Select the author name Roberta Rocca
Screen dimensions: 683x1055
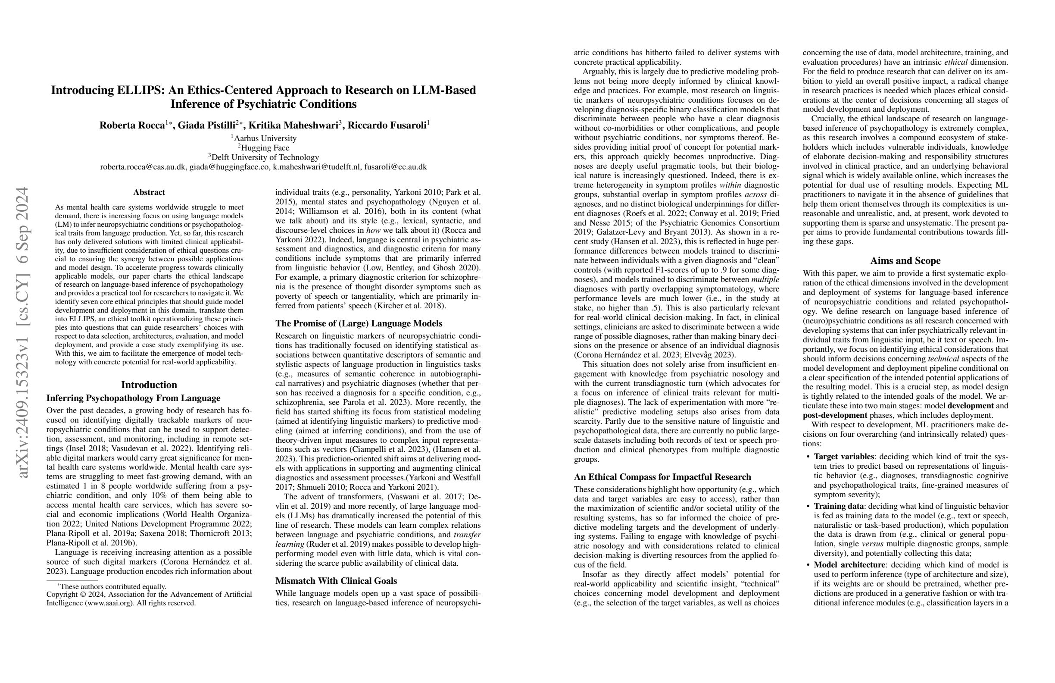tap(132, 125)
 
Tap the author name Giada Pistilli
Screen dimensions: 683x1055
tap(206, 125)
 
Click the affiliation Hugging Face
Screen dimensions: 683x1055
tap(265, 148)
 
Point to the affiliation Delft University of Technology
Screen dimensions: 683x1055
tap(265, 157)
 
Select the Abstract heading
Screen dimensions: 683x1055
tap(149, 192)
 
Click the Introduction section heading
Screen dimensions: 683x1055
tap(149, 385)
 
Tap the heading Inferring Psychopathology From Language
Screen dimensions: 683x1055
tap(134, 398)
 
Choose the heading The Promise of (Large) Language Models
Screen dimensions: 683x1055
tap(359, 324)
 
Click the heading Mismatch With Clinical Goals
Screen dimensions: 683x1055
tap(336, 581)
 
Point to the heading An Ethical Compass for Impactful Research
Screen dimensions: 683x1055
tap(662, 477)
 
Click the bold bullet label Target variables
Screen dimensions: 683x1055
tap(843, 457)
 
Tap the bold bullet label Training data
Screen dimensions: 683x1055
tap(839, 506)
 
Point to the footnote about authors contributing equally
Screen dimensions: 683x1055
tap(113, 587)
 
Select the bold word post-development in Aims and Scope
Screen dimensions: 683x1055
tap(835, 416)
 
